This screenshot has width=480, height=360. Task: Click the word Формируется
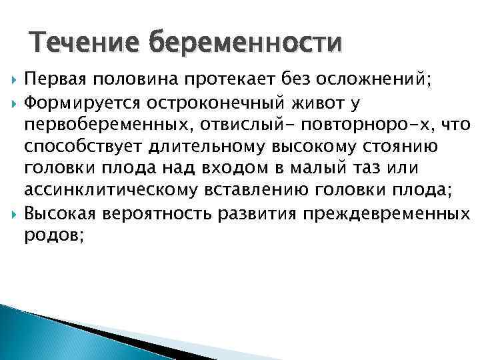click(x=71, y=104)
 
